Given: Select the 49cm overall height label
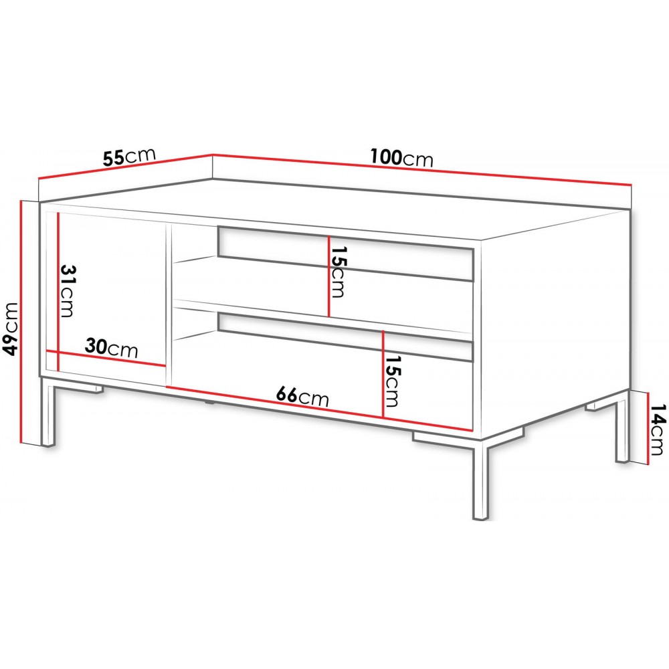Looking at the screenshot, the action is (10, 329).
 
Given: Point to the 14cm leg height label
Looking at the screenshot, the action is (658, 429).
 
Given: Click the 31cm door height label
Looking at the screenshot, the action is (68, 291).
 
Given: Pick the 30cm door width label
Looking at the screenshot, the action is (112, 348).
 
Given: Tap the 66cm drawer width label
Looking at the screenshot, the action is (302, 396).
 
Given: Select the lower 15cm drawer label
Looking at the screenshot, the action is (391, 381).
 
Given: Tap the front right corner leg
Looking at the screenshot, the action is (481, 479).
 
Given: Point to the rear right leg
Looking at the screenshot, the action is (622, 426).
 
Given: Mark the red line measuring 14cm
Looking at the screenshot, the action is (648, 428).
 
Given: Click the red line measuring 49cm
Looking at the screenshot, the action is (21, 322).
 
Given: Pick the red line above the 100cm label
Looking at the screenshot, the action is (421, 169).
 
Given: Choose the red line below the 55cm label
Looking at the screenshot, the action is (125, 165).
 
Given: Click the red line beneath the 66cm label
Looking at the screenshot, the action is (319, 408).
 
